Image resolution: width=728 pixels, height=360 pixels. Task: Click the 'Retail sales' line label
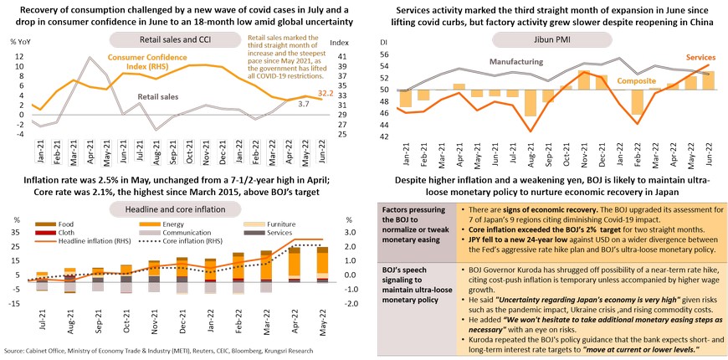[158, 97]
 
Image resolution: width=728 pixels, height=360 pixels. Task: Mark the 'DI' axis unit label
[384, 40]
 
